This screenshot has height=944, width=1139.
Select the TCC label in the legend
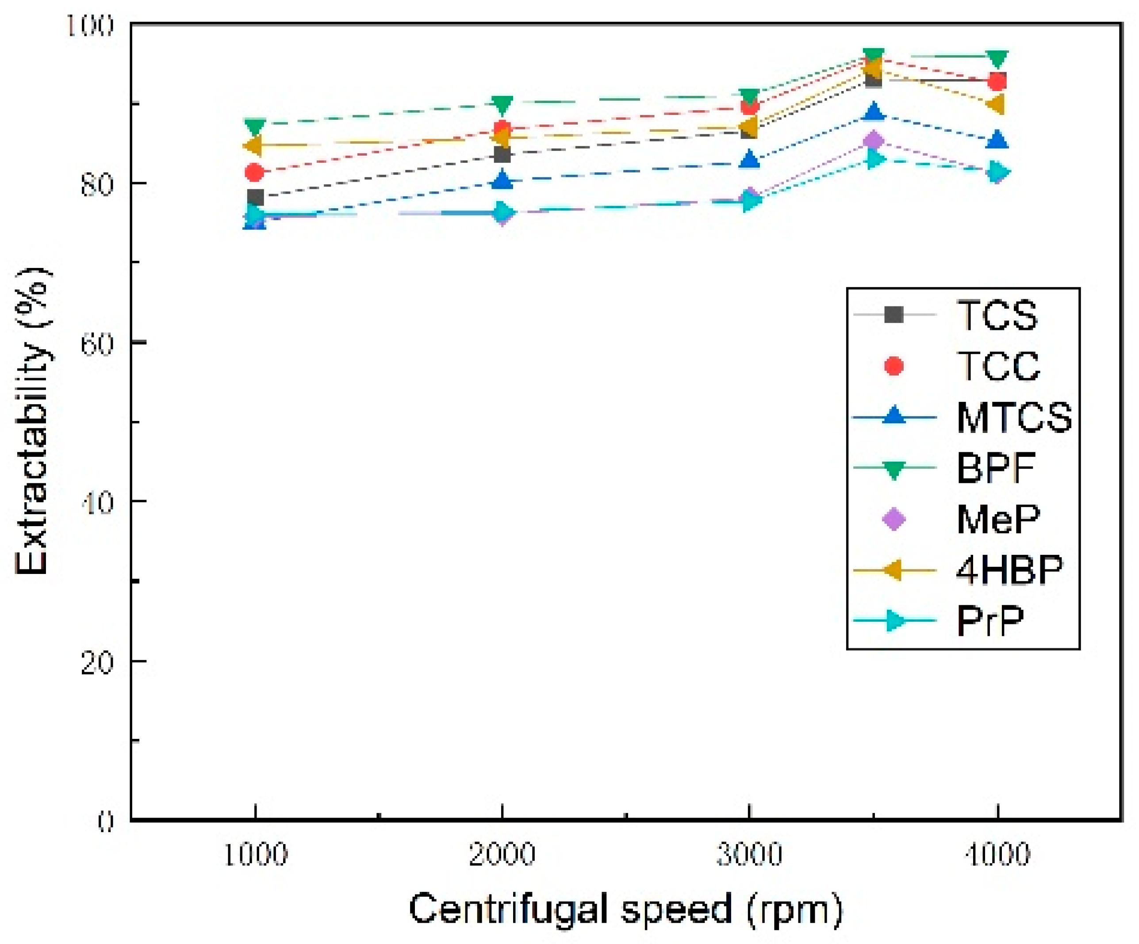point(998,367)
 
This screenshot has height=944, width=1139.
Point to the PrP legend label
point(990,621)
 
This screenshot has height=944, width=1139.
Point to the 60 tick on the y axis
point(98,343)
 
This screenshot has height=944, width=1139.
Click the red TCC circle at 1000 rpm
point(254,173)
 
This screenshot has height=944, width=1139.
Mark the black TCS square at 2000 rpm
point(502,155)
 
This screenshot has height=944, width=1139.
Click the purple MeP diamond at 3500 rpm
point(873,141)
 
